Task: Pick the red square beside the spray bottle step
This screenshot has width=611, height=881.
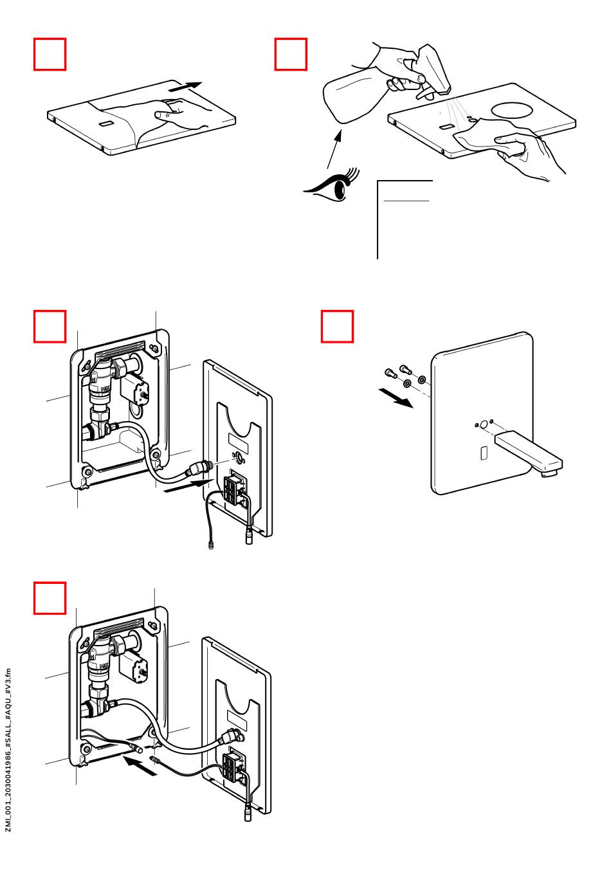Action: pos(291,54)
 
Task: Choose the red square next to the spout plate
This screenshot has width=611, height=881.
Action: pos(337,327)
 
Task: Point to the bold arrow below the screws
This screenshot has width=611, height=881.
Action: pos(395,399)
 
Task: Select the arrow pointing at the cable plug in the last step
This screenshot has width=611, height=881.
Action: pos(140,765)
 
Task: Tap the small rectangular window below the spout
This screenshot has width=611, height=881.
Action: pos(484,453)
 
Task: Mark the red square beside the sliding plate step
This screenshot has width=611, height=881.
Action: pos(50,54)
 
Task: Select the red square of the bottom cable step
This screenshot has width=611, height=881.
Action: pos(50,598)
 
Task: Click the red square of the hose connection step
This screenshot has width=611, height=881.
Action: pos(50,327)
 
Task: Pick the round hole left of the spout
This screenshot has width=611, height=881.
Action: pos(483,424)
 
